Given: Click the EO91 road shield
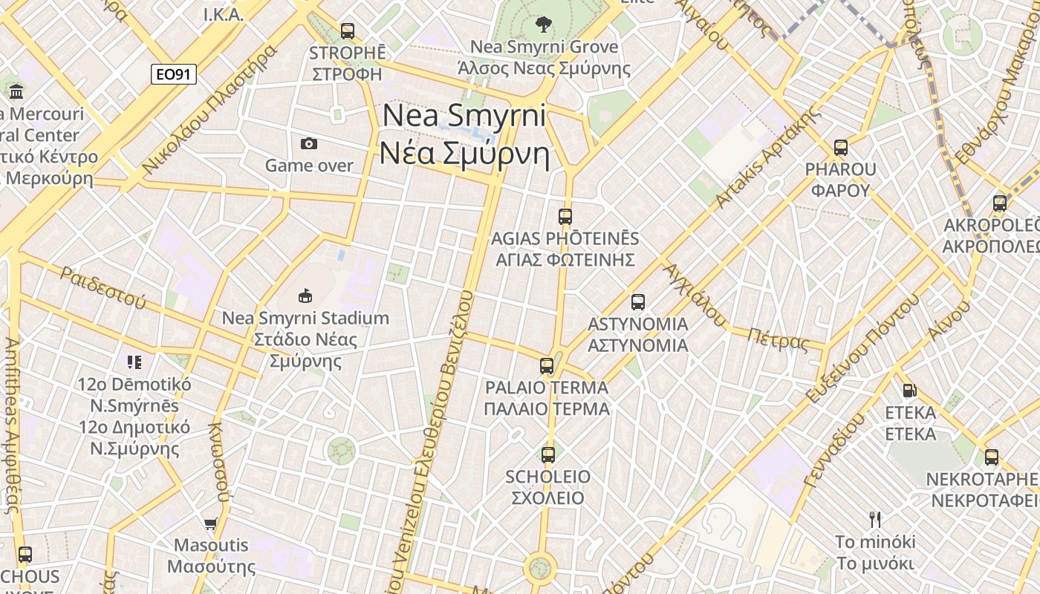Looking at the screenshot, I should pyautogui.click(x=173, y=74).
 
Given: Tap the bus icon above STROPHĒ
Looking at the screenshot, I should pyautogui.click(x=347, y=31).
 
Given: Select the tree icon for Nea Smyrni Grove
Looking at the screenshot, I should pyautogui.click(x=544, y=25).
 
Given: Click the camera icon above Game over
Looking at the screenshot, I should pyautogui.click(x=309, y=143).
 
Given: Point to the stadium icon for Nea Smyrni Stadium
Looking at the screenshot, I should pyautogui.click(x=305, y=296).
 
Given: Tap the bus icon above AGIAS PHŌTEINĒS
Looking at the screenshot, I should pyautogui.click(x=565, y=217).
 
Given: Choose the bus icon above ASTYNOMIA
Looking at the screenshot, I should pyautogui.click(x=637, y=302).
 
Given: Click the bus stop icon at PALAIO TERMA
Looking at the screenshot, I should pyautogui.click(x=547, y=366).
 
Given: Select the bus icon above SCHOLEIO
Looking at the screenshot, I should pyautogui.click(x=548, y=455).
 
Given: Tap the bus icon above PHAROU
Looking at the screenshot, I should pyautogui.click(x=840, y=148).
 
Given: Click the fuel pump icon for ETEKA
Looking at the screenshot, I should pyautogui.click(x=909, y=391).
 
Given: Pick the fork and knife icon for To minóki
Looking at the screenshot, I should pyautogui.click(x=875, y=519).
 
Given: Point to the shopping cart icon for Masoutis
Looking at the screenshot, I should pyautogui.click(x=211, y=523).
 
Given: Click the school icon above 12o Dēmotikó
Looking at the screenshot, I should pyautogui.click(x=134, y=362).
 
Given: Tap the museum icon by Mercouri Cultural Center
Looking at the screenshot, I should pyautogui.click(x=16, y=92).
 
